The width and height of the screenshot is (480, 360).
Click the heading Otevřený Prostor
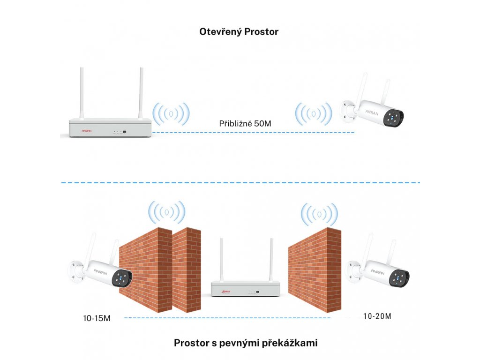239,32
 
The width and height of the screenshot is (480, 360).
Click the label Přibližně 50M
245,124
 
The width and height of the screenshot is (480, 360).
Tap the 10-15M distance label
97,318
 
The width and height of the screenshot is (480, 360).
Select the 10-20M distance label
377,316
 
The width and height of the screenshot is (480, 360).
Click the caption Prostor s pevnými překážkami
246,343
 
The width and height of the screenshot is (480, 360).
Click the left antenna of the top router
81,94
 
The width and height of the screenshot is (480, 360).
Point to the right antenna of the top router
141,94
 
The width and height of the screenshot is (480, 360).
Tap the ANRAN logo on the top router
87,131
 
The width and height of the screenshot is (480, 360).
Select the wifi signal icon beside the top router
171,114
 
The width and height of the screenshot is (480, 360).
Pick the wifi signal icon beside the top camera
314,114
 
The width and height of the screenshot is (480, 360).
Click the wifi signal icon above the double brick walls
166,212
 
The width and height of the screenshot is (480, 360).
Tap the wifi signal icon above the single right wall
319,214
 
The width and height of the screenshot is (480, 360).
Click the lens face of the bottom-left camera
122,277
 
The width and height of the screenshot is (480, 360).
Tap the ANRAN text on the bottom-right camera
377,271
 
